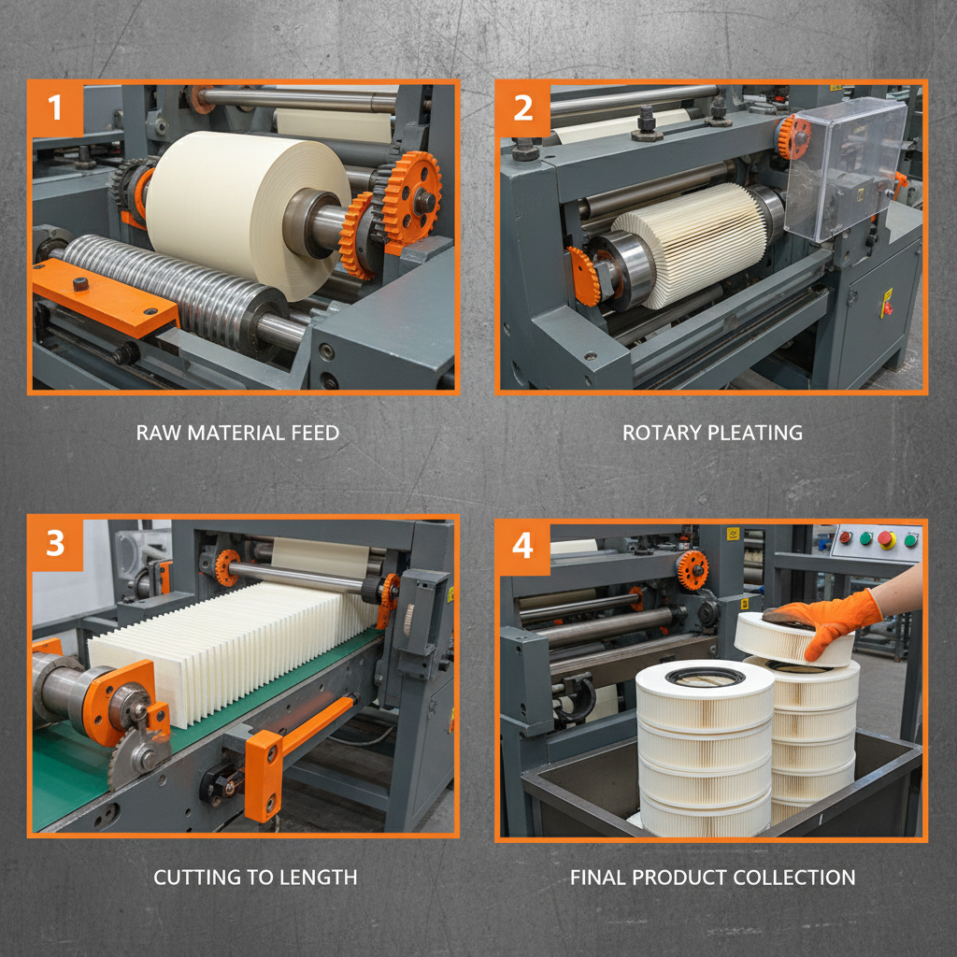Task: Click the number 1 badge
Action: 55,107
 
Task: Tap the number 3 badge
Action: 55,543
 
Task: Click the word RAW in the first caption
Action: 156,433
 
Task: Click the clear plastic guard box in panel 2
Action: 845,168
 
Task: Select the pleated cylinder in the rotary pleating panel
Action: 690,243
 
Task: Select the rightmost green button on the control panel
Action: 909,539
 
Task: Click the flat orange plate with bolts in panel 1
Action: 103,294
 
